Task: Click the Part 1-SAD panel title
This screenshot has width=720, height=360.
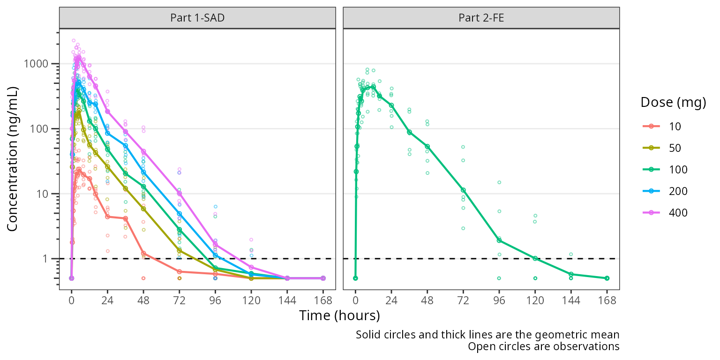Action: coord(197,18)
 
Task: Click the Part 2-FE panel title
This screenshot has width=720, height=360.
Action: coord(481,18)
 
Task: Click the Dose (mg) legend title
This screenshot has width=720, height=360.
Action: coord(673,103)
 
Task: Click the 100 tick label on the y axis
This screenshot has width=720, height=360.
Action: coord(43,129)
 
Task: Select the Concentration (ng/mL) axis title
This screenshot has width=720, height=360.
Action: coord(13,158)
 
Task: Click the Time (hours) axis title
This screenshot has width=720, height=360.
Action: coord(339,315)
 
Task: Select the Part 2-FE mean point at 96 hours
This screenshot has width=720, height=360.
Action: coord(499,240)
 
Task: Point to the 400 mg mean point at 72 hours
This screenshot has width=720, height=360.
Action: coord(179,193)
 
